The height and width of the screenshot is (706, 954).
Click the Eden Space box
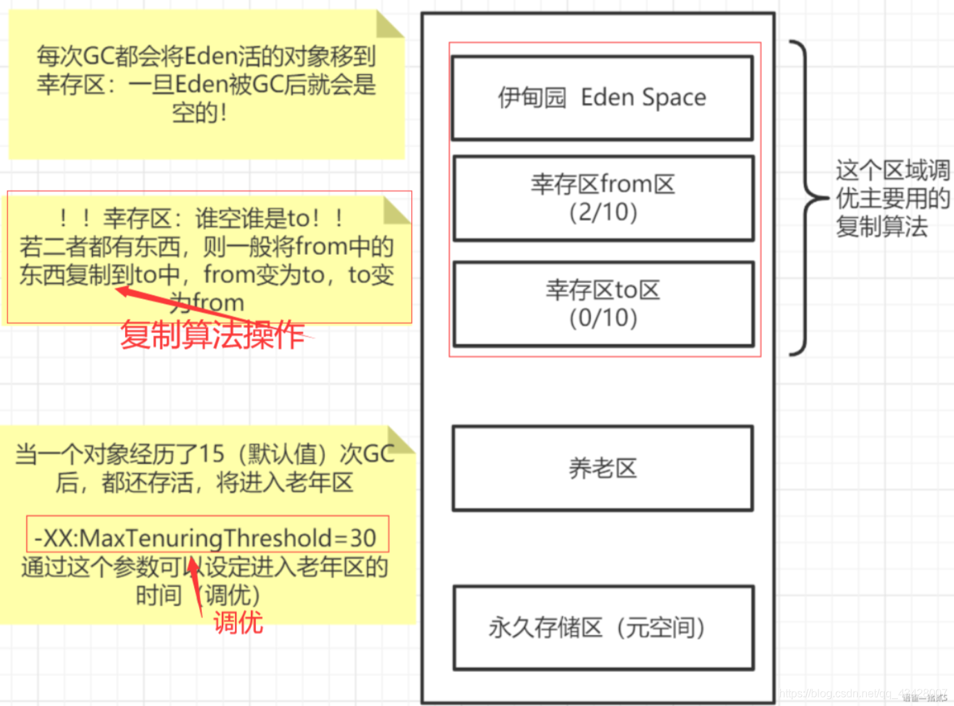coord(602,98)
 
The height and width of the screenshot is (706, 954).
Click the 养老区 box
coord(602,468)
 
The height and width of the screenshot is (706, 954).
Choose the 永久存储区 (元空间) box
coord(602,627)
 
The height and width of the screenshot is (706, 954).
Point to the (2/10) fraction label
coord(603,212)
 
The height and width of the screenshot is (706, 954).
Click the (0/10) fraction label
coord(603,318)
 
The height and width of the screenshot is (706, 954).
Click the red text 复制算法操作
coord(212,335)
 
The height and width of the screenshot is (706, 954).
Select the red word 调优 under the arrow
coord(238,622)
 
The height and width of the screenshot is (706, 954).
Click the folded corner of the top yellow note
coord(389,23)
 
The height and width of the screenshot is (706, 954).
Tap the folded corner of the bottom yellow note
coord(400,439)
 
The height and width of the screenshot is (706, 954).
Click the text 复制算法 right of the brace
coord(881,227)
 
